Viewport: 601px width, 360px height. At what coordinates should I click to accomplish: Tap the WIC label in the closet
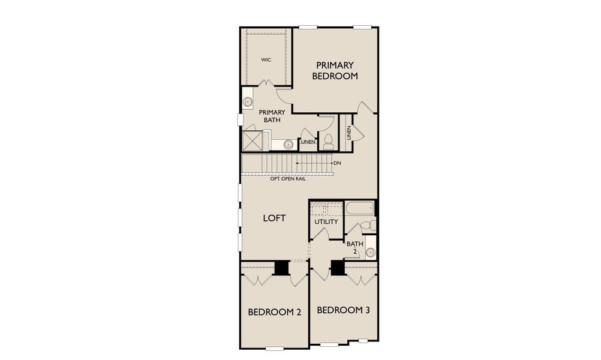[x=266, y=60]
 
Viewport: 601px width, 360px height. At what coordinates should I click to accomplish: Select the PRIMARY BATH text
[x=271, y=116]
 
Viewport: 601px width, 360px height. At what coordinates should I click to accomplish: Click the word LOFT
[x=274, y=218]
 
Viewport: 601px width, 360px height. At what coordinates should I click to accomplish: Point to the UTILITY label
[x=326, y=222]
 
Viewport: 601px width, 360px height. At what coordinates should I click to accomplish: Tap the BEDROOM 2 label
[x=274, y=312]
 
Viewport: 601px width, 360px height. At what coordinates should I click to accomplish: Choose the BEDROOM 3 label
[x=342, y=310]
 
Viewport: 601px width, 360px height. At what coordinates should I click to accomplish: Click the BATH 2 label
[x=353, y=247]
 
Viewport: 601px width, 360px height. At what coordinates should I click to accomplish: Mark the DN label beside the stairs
[x=337, y=163]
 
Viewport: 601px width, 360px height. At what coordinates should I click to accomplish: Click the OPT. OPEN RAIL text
[x=279, y=179]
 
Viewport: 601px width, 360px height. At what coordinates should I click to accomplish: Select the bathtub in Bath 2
[x=359, y=208]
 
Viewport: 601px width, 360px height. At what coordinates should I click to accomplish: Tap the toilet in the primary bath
[x=328, y=142]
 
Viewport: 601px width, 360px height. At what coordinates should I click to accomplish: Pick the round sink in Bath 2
[x=370, y=252]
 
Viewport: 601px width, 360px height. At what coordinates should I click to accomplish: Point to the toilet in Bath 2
[x=371, y=226]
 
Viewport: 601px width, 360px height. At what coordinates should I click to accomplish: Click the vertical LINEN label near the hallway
[x=348, y=132]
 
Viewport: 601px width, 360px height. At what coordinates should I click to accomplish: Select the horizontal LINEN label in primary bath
[x=307, y=142]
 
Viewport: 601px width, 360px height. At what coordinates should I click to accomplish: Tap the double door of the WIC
[x=267, y=83]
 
